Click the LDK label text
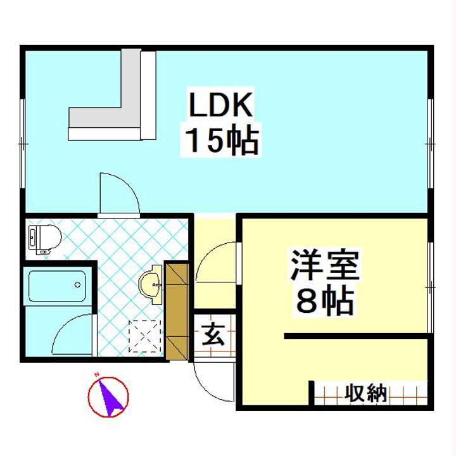tap(221, 105)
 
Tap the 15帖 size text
tap(221, 141)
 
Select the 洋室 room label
tap(324, 267)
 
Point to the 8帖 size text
tap(324, 302)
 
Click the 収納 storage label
tap(365, 393)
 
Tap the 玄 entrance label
tap(213, 334)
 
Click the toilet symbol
tap(44, 238)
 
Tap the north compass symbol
tap(108, 397)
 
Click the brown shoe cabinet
tap(177, 310)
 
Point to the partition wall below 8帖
tap(358, 336)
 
